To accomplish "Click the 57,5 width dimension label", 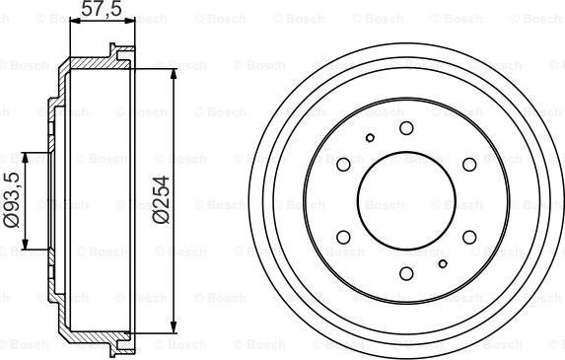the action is pos(102,8).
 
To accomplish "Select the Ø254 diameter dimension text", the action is pos(161,200).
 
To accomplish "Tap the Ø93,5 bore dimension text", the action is pos(12,199).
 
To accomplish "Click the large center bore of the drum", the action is pos(406,201).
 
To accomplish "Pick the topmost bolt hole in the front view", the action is pos(406,128).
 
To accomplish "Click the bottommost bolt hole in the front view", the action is pos(406,273).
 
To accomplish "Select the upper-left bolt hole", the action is pos(343,165).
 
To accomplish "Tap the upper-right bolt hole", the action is pos(469,165).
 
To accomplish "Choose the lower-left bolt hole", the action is pos(343,237).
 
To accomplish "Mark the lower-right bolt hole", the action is pos(469,237).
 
